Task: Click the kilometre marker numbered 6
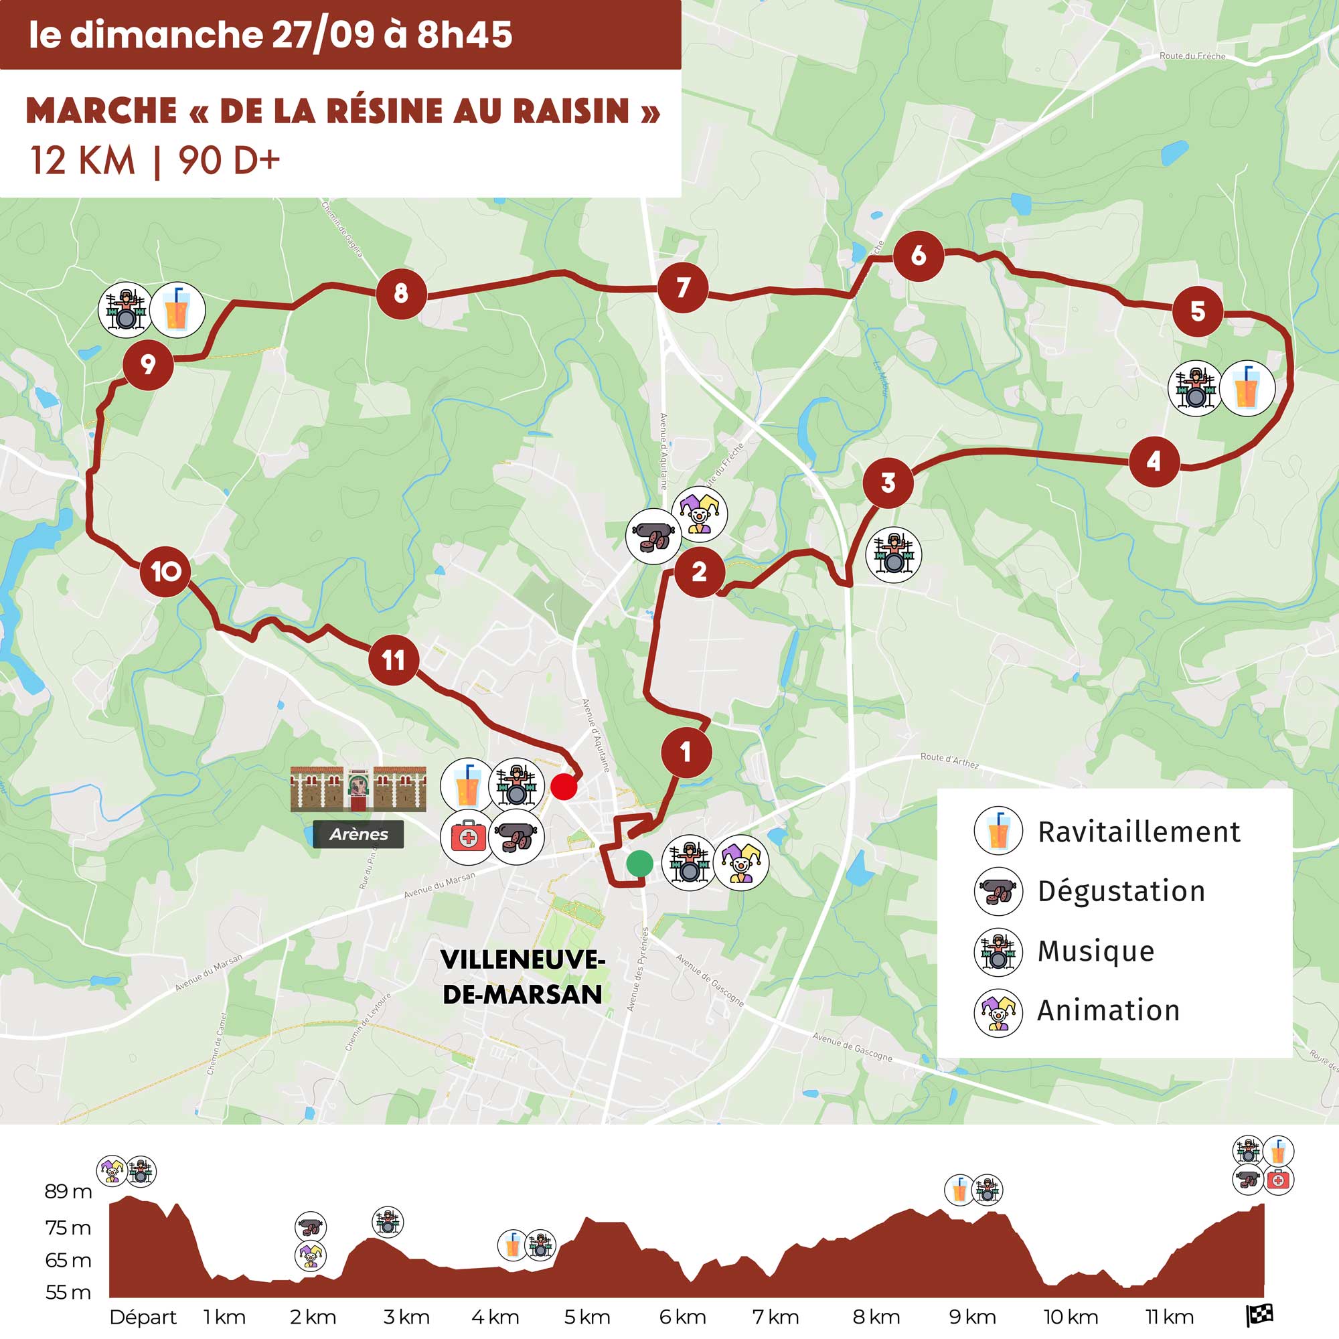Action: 919,256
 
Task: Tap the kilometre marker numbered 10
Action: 165,571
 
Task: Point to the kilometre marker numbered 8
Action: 400,293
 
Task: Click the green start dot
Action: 639,864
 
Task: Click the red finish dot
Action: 564,787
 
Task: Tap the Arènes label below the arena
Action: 358,834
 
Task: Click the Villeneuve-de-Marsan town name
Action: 523,977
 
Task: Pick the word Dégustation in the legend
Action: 1121,890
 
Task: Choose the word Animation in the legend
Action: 1108,1010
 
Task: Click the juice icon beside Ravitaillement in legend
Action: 998,830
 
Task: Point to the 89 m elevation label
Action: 68,1192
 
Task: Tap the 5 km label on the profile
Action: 587,1317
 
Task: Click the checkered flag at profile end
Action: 1259,1315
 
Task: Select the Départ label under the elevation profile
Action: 143,1317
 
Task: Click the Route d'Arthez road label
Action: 949,761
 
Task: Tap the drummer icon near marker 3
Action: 893,554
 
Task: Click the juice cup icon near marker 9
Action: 177,310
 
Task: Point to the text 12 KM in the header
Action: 82,160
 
